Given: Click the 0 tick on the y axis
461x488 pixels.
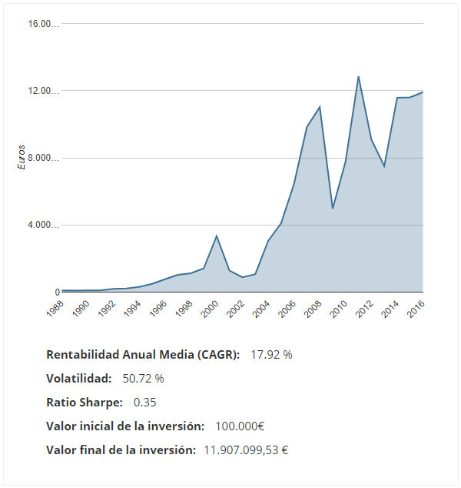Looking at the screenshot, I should pos(56,292).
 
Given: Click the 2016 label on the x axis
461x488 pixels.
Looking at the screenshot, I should pos(415,309).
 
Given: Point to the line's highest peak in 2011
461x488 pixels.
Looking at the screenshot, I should pos(358,76).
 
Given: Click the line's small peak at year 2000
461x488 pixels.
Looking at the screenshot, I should pos(217,236).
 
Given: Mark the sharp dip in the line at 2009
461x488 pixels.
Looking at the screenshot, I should pos(333,209).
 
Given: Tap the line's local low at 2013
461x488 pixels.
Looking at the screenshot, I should pos(384,167).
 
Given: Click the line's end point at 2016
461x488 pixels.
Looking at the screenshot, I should pos(423,92).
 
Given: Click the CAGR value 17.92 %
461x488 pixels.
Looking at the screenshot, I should pos(271,355).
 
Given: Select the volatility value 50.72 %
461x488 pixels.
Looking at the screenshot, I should pos(143,379).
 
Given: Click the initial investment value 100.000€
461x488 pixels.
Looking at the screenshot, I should pos(239,426).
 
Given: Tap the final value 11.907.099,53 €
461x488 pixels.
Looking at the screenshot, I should pos(245,450).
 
